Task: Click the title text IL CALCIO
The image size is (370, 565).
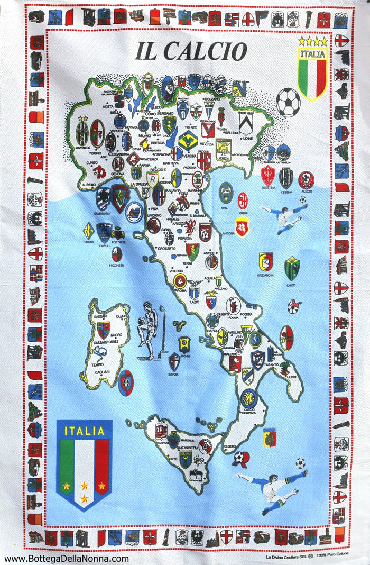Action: coord(190,51)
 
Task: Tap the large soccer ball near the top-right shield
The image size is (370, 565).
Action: coord(288,102)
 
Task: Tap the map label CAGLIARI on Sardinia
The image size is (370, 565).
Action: coord(102,371)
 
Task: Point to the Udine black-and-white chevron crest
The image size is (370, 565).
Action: coord(245,123)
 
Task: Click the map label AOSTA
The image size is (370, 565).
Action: coord(108,106)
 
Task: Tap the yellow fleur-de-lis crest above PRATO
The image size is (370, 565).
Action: coord(89,230)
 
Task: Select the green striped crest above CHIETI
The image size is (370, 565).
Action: coord(292,268)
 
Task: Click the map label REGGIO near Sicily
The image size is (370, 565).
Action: coord(229,446)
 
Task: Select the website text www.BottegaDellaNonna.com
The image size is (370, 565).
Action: coord(66,558)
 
